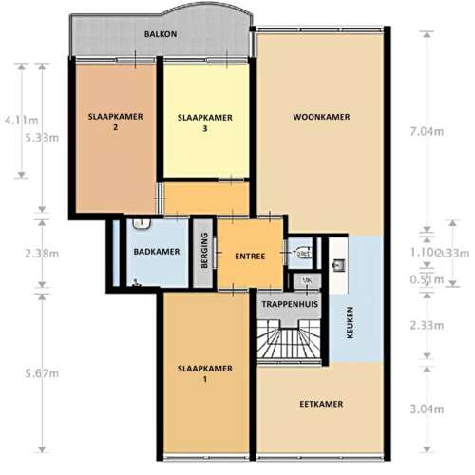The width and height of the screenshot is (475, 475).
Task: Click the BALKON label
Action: (161, 34)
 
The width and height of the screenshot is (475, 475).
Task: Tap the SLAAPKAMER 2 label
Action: (115, 122)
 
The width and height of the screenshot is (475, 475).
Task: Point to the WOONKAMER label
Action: (321, 117)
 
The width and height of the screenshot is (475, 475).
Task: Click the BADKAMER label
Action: (157, 252)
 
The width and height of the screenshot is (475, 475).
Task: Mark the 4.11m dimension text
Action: (20, 121)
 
